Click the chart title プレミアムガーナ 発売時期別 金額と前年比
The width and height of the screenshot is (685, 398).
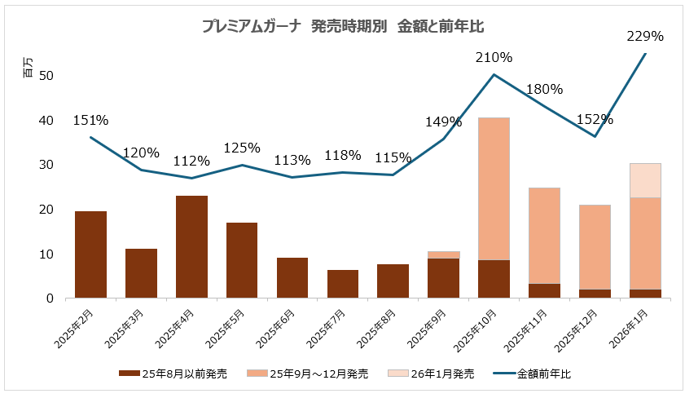pyautogui.click(x=343, y=26)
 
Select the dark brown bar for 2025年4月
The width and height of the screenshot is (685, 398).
pyautogui.click(x=191, y=247)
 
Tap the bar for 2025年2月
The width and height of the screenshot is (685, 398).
pyautogui.click(x=90, y=254)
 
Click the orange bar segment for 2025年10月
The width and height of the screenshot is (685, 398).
pyautogui.click(x=494, y=189)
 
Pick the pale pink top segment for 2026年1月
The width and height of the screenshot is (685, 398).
pyautogui.click(x=645, y=180)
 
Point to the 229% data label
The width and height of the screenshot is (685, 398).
pyautogui.click(x=645, y=36)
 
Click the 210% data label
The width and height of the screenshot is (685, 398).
pyautogui.click(x=494, y=57)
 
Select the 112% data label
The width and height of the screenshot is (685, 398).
pyautogui.click(x=191, y=161)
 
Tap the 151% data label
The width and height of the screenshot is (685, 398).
pyautogui.click(x=90, y=120)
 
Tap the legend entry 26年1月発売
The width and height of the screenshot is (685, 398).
pyautogui.click(x=439, y=374)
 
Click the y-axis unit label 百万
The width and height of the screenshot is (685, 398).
pyautogui.click(x=29, y=71)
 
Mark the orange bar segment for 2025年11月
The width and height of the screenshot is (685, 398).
pyautogui.click(x=544, y=236)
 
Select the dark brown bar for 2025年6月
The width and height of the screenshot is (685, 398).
pyautogui.click(x=292, y=278)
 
